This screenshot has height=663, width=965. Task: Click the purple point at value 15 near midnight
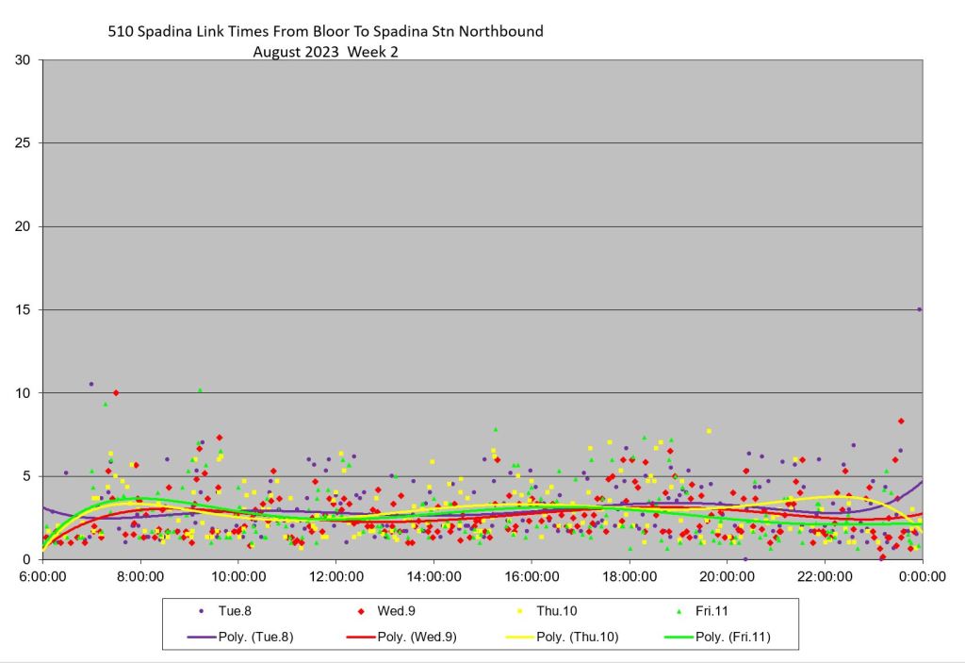[x=920, y=309]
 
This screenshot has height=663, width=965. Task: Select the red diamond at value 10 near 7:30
[x=116, y=392]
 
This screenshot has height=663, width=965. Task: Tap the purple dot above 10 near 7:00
[x=91, y=384]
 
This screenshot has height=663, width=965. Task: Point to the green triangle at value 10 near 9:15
[x=200, y=390]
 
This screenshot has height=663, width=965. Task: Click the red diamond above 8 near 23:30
[x=901, y=421]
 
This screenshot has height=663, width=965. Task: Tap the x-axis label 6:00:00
[x=43, y=576]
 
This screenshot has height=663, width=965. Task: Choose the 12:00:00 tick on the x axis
[x=336, y=576]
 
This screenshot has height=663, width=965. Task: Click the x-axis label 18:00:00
[x=630, y=576]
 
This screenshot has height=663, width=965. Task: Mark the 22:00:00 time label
[x=825, y=576]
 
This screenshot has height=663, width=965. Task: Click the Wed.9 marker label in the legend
[x=397, y=611]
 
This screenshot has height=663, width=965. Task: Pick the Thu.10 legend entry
[x=557, y=611]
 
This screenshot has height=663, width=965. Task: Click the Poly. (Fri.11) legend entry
[x=732, y=637]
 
